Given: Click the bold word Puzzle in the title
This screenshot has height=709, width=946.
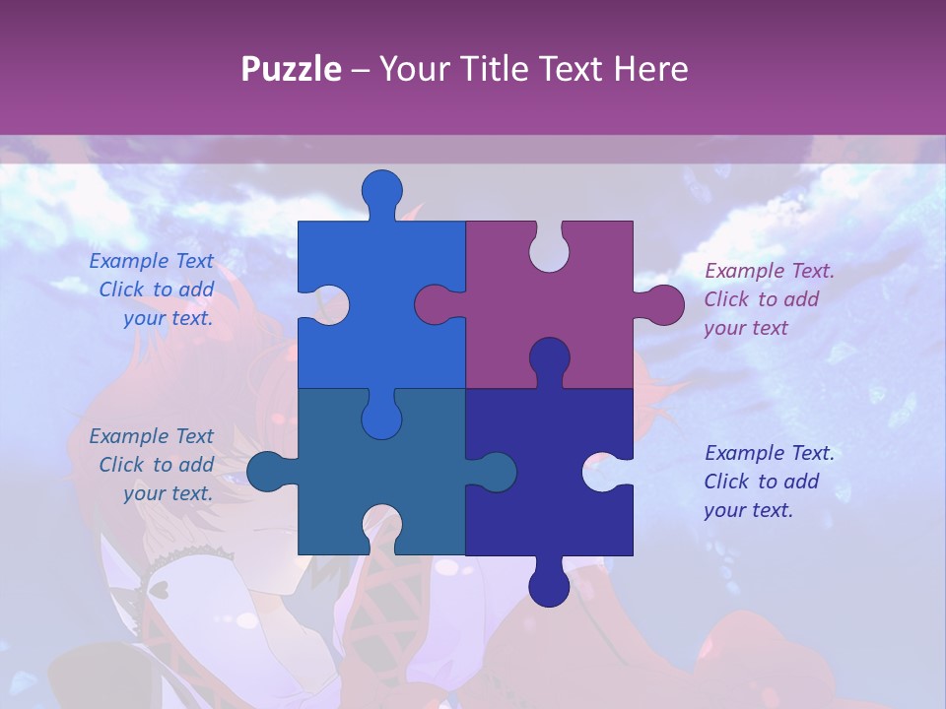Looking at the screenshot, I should tap(291, 69).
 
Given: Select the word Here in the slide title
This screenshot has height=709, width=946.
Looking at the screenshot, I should tap(650, 69).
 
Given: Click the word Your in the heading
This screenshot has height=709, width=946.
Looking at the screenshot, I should tap(415, 69).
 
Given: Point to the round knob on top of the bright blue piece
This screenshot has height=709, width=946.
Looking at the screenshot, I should tap(382, 189).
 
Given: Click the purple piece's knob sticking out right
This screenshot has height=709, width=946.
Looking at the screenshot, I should tap(665, 305).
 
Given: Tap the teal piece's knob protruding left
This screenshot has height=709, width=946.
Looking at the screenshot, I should tap(265, 472).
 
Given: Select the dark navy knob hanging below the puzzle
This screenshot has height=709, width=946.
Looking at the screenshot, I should tap(549, 587).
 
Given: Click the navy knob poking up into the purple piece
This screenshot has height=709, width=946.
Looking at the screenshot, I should tap(549, 356).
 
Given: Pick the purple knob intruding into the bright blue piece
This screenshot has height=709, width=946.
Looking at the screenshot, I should tap(433, 305).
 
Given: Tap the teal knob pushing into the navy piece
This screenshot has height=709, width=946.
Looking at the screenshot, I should tap(498, 472).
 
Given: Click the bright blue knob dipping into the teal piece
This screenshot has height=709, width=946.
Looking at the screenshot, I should tap(382, 419).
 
